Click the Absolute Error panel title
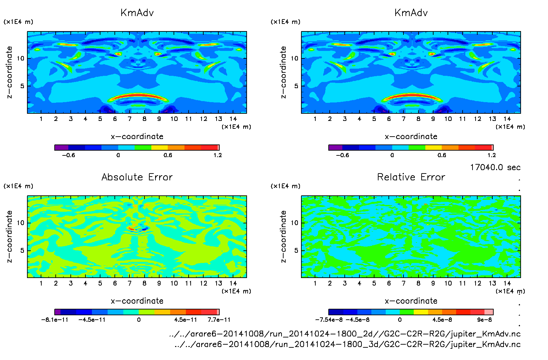click(x=137, y=177)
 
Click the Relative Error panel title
click(x=411, y=177)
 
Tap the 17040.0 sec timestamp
click(x=495, y=167)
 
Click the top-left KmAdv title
click(x=137, y=13)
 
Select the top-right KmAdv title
click(x=411, y=13)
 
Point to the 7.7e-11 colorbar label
click(x=219, y=320)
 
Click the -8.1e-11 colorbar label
click(x=55, y=320)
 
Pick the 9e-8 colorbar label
click(x=484, y=320)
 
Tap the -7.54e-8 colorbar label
click(x=329, y=320)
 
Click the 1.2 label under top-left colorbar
click(x=218, y=155)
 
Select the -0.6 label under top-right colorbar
click(x=342, y=155)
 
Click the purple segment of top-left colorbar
click(x=61, y=148)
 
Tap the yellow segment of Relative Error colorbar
click(x=421, y=312)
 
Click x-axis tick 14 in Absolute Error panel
click(x=233, y=283)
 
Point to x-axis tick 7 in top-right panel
click(x=403, y=119)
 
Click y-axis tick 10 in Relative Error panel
click(x=294, y=223)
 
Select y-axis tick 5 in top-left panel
click(x=22, y=86)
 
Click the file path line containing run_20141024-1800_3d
click(x=347, y=344)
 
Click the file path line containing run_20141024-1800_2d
click(x=345, y=334)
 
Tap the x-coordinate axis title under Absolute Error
click(x=137, y=301)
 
